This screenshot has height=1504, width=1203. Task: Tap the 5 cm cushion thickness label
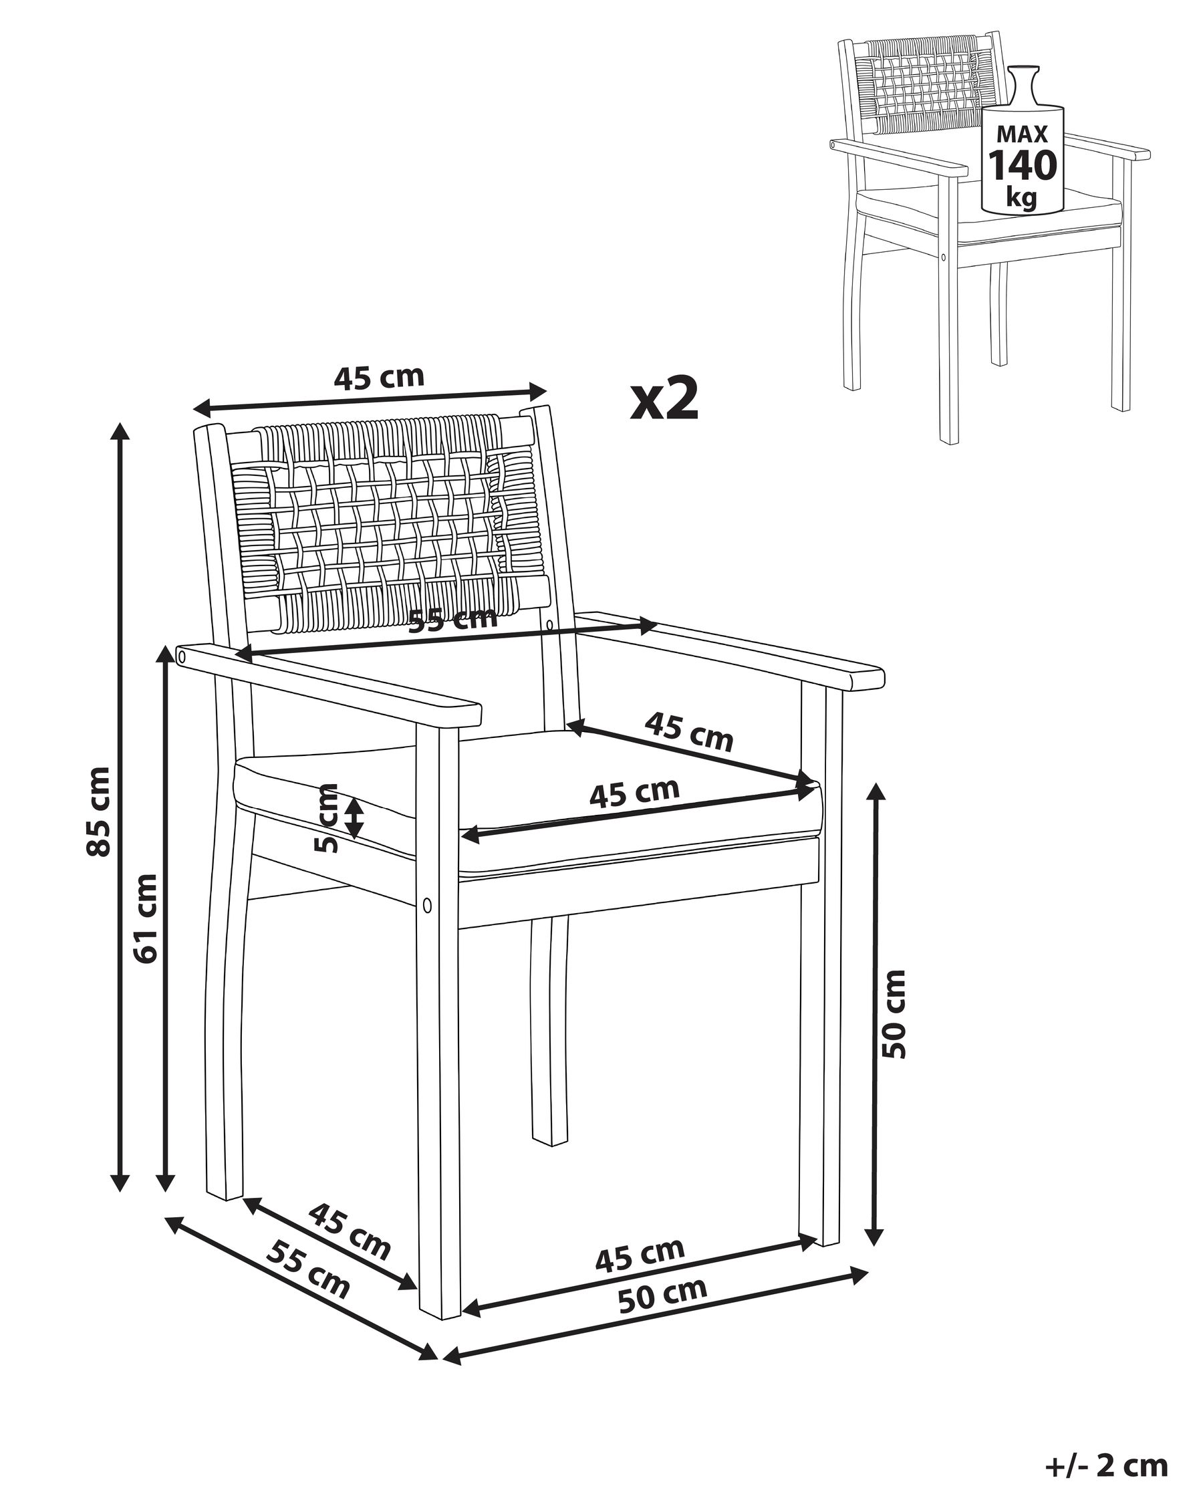click(x=325, y=818)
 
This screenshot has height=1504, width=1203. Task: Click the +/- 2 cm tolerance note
click(x=1106, y=1465)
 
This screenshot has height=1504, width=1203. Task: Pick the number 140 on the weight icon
click(x=1023, y=165)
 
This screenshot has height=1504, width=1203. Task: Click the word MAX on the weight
click(x=1023, y=133)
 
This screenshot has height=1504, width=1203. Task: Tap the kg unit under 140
click(x=1022, y=198)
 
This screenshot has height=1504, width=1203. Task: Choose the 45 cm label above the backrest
click(x=379, y=377)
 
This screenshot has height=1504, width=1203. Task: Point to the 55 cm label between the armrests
click(x=452, y=619)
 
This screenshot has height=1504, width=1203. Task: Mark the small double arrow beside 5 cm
click(x=355, y=818)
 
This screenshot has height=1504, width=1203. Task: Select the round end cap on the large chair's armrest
click(x=182, y=656)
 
